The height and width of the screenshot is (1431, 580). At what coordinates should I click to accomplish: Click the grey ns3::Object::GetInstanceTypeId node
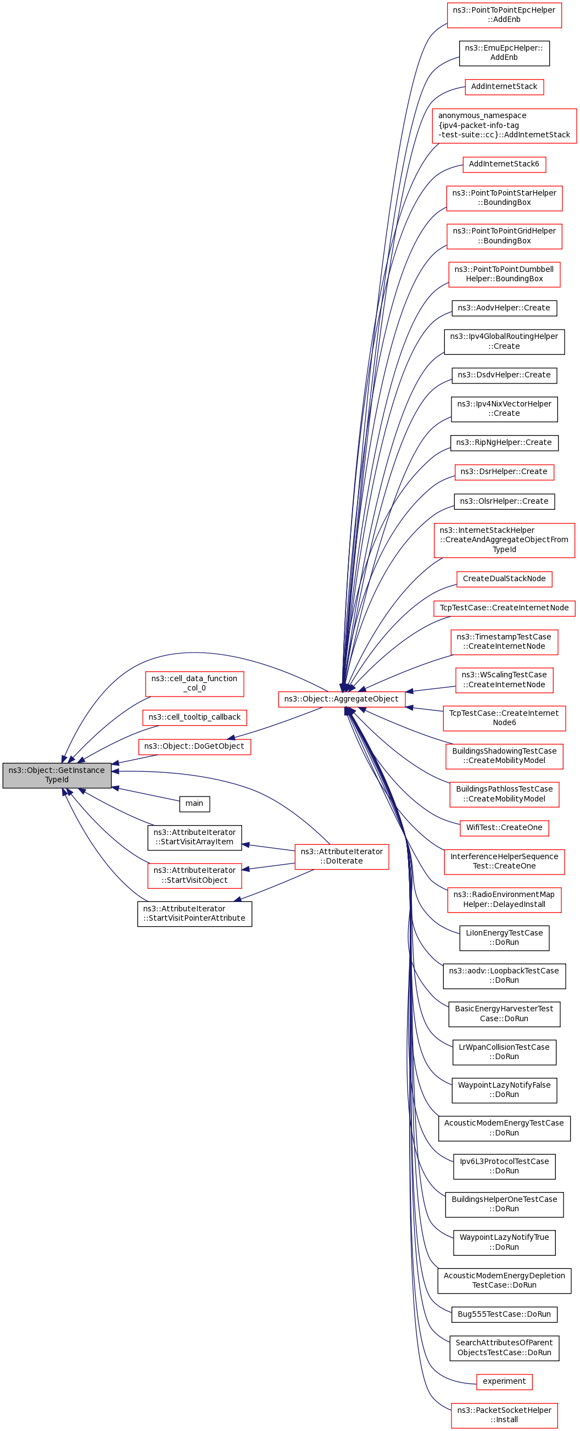coord(57,775)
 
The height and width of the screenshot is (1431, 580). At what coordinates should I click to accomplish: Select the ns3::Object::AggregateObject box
coord(341,699)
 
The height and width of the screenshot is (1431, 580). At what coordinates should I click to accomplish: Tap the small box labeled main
coord(194,803)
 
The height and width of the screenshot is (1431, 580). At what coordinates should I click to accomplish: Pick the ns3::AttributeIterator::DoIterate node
coord(342,856)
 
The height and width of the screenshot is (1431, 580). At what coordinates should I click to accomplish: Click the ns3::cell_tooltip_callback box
coord(194,717)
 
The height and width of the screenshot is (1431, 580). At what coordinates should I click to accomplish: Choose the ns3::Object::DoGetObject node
coord(194,747)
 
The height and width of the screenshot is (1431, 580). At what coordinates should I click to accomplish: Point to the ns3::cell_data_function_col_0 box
coord(194,683)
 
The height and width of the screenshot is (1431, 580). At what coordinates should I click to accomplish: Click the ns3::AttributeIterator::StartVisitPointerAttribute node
coord(194,914)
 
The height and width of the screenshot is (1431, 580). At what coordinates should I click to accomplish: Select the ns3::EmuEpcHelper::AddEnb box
coord(504,53)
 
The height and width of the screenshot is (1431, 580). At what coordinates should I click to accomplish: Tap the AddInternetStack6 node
coord(504,164)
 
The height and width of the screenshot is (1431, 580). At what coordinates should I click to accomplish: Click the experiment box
coord(504,1381)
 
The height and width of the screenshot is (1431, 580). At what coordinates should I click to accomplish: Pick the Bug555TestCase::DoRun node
coord(504,1315)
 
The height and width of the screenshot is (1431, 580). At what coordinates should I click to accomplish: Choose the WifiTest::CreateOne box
coord(504,828)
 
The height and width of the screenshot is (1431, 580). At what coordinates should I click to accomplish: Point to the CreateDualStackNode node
coord(504,579)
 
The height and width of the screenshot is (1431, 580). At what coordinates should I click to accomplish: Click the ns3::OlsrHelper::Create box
coord(504,501)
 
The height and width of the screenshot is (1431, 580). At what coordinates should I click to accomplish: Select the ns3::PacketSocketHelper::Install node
coord(504,1415)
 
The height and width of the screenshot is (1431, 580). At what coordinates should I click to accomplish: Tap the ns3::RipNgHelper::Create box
coord(504,443)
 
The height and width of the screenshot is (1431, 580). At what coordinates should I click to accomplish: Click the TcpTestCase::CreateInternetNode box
coord(504,608)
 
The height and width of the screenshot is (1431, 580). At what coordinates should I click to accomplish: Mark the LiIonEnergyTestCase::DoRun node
coord(504,938)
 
